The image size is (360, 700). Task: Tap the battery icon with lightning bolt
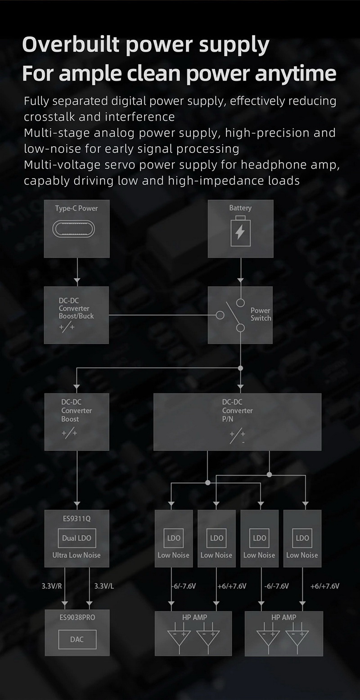[x=240, y=232]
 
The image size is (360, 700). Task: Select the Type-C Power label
[x=76, y=208]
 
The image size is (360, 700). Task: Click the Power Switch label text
[x=261, y=314]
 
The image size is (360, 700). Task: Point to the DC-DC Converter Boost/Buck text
[x=76, y=308]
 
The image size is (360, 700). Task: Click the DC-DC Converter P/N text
[x=237, y=410]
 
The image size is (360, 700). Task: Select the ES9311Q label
[x=76, y=519]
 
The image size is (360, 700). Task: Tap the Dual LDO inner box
[x=76, y=538]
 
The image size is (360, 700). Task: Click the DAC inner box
[x=76, y=639]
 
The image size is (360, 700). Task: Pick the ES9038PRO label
[x=77, y=617]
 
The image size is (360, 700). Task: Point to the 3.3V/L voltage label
[x=104, y=586]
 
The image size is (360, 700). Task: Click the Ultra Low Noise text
[x=76, y=555]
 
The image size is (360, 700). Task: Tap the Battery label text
[x=240, y=208]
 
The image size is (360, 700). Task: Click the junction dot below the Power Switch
[x=240, y=368]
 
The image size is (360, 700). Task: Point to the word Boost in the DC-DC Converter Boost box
[x=70, y=419]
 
